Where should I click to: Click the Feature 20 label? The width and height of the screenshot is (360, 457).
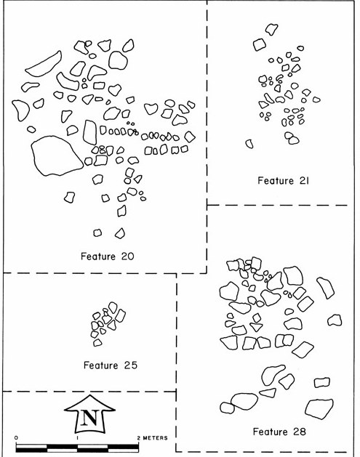(108, 256)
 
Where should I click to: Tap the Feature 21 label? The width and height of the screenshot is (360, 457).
(284, 181)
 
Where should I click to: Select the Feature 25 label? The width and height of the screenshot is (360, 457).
(111, 365)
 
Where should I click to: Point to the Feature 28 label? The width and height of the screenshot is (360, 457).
(279, 432)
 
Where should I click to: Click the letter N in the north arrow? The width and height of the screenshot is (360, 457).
(89, 418)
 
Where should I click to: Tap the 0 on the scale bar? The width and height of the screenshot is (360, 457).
(16, 438)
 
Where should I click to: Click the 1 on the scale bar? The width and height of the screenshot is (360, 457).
(77, 438)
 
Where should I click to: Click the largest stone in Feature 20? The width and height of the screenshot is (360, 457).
(57, 155)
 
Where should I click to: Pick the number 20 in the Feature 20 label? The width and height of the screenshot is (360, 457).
(127, 256)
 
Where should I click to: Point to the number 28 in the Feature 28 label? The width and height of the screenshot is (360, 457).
(298, 432)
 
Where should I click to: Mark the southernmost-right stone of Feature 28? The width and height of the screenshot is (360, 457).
(319, 409)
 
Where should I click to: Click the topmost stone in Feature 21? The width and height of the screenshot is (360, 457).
(271, 29)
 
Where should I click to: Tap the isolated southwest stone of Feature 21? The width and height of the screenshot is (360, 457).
(249, 144)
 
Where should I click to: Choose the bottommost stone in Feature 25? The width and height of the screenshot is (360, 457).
(97, 342)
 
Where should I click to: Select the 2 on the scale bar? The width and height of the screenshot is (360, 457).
(139, 438)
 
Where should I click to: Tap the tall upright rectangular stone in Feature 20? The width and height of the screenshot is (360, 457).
(90, 132)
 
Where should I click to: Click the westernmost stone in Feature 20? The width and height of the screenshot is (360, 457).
(20, 110)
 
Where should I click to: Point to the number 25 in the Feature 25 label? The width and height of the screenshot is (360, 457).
(130, 365)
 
